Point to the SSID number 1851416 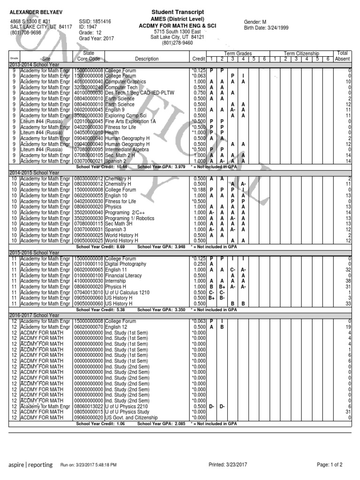pos(95,22)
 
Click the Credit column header pos(199,59)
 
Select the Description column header pos(147,59)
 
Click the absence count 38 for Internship pos(348,281)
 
